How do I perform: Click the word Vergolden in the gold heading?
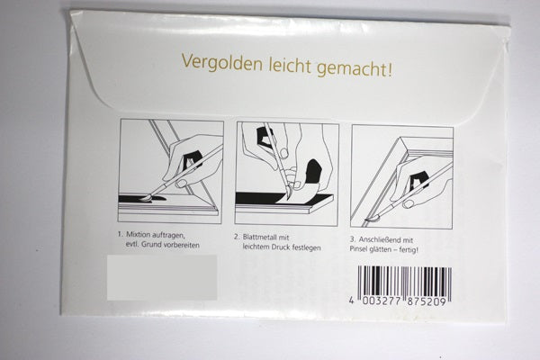tap(221, 63)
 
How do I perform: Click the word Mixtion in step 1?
tap(138, 235)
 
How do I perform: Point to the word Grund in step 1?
tap(152, 245)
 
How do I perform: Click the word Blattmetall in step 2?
tap(261, 237)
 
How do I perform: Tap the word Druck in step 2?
tap(281, 247)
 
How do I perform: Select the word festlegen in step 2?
tap(307, 247)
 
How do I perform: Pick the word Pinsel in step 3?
tap(358, 248)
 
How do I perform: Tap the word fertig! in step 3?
tap(409, 249)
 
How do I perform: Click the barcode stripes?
tap(404, 281)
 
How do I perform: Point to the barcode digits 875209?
tap(427, 301)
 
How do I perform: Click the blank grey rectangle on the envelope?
tap(162, 277)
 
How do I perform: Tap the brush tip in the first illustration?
tap(146, 197)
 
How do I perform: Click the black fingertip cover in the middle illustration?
tap(314, 172)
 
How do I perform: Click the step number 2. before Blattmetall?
tap(236, 237)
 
